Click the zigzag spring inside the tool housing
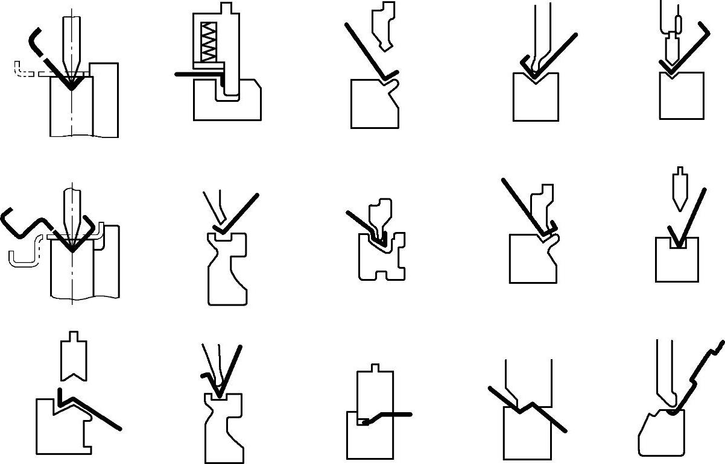[x=208, y=42]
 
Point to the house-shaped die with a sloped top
[x=60, y=428]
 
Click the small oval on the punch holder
[x=678, y=24]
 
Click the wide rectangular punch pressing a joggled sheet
[x=528, y=383]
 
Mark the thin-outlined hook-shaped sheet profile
[x=24, y=256]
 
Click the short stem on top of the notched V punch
[x=74, y=336]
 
